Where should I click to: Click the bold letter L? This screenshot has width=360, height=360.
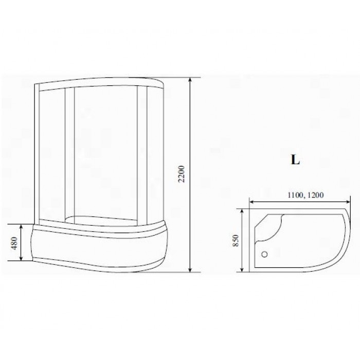point(295,159)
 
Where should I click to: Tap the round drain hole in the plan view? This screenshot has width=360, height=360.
point(265,254)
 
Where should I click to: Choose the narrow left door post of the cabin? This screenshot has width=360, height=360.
point(69,154)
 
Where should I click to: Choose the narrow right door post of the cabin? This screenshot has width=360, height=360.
point(141,154)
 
